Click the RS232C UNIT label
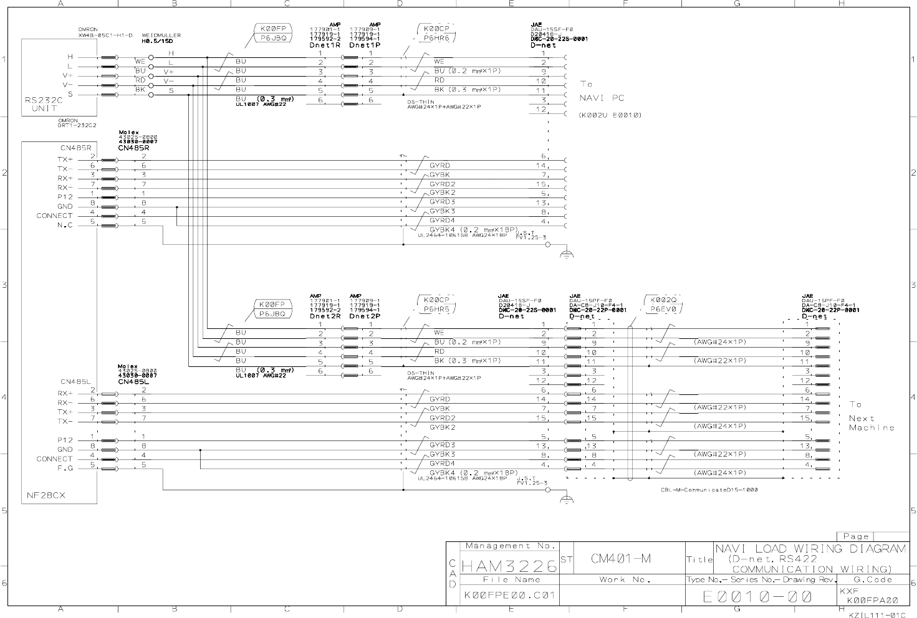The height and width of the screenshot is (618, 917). point(44,104)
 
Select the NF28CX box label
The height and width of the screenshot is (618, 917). point(46,496)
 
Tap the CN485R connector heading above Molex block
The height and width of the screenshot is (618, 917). point(133,148)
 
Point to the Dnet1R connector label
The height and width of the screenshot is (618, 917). point(325,45)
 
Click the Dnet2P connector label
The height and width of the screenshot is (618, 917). point(365,316)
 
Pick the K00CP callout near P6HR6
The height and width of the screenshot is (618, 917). point(436,29)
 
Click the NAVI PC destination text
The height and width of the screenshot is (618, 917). point(602,98)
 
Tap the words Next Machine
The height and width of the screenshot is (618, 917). point(871,423)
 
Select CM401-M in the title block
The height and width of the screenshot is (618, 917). point(620,559)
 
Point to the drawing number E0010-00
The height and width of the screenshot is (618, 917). point(757,597)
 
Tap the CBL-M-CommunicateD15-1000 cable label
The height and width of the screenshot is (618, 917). point(709,490)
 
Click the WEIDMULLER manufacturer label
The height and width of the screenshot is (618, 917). point(161,36)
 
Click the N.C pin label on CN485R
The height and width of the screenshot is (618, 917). point(65,226)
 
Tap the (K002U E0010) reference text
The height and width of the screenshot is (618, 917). point(610,115)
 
